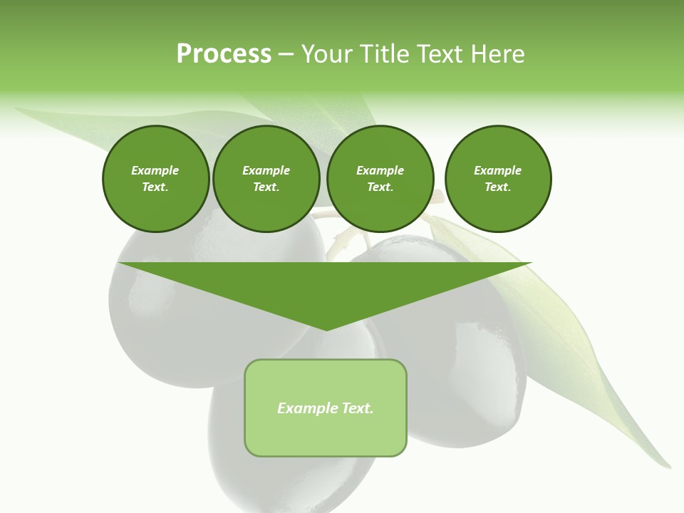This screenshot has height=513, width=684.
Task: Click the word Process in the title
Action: pyautogui.click(x=224, y=54)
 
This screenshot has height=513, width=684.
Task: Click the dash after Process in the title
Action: pyautogui.click(x=286, y=55)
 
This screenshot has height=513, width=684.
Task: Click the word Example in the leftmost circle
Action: pyautogui.click(x=155, y=170)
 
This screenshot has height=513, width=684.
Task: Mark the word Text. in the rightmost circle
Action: pyautogui.click(x=498, y=187)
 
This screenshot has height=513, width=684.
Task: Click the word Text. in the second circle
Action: pyautogui.click(x=266, y=187)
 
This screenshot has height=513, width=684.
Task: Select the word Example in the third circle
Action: pyautogui.click(x=380, y=170)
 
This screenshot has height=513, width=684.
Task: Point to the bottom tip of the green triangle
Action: pyautogui.click(x=326, y=328)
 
